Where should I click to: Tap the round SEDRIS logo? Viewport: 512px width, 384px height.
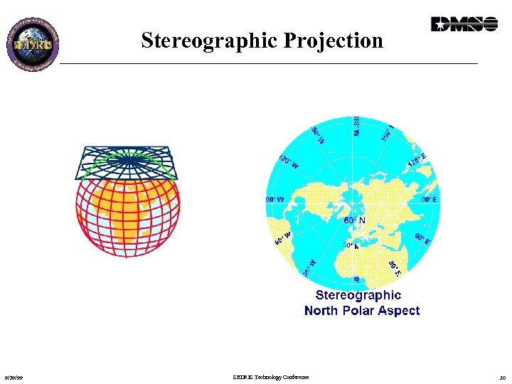point(33,42)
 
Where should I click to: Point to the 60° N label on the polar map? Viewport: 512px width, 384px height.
point(355,220)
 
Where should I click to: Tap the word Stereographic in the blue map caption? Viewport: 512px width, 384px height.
point(358,295)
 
